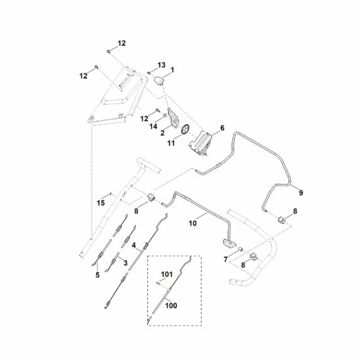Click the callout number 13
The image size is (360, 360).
click(x=162, y=65)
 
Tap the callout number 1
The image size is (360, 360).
click(x=172, y=69)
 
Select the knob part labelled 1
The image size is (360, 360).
click(x=158, y=81)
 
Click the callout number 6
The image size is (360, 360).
click(x=222, y=128)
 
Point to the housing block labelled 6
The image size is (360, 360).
click(x=200, y=143)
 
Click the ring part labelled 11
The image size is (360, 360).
click(x=185, y=129)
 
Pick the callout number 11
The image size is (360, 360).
click(x=171, y=143)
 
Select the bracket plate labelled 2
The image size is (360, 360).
click(x=173, y=118)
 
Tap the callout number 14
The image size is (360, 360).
click(x=153, y=126)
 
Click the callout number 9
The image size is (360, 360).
click(x=301, y=192)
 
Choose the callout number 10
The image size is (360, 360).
click(x=192, y=223)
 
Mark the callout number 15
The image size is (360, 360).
click(x=101, y=203)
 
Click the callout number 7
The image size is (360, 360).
click(x=226, y=259)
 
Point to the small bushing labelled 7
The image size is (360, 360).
click(x=241, y=249)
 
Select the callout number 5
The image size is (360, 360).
click(x=98, y=275)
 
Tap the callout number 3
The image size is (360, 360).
click(x=126, y=263)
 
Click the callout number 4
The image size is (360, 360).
click(x=134, y=245)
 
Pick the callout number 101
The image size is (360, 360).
click(x=167, y=274)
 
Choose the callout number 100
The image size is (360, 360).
click(x=171, y=306)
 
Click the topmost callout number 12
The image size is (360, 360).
click(x=122, y=43)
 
